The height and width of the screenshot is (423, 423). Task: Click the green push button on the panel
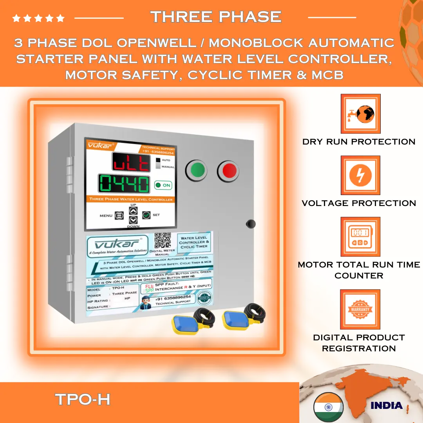(x=198, y=171)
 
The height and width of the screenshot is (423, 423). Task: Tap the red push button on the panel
(x=229, y=171)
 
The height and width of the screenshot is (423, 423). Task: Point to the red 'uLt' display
(x=130, y=162)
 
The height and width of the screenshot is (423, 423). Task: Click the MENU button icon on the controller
(x=119, y=215)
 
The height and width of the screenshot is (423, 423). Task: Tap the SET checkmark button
(x=146, y=215)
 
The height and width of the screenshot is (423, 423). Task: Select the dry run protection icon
(x=360, y=114)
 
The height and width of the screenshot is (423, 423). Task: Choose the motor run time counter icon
(x=360, y=237)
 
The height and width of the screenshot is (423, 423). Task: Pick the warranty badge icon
(x=360, y=309)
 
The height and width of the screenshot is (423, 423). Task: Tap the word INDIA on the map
(x=386, y=405)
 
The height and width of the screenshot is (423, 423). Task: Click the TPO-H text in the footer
(x=83, y=399)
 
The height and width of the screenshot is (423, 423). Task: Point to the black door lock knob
(x=250, y=224)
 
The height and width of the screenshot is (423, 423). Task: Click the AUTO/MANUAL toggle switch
(x=158, y=163)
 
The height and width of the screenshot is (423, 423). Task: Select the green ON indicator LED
(x=158, y=185)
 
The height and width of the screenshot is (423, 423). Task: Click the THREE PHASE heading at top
(x=216, y=17)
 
